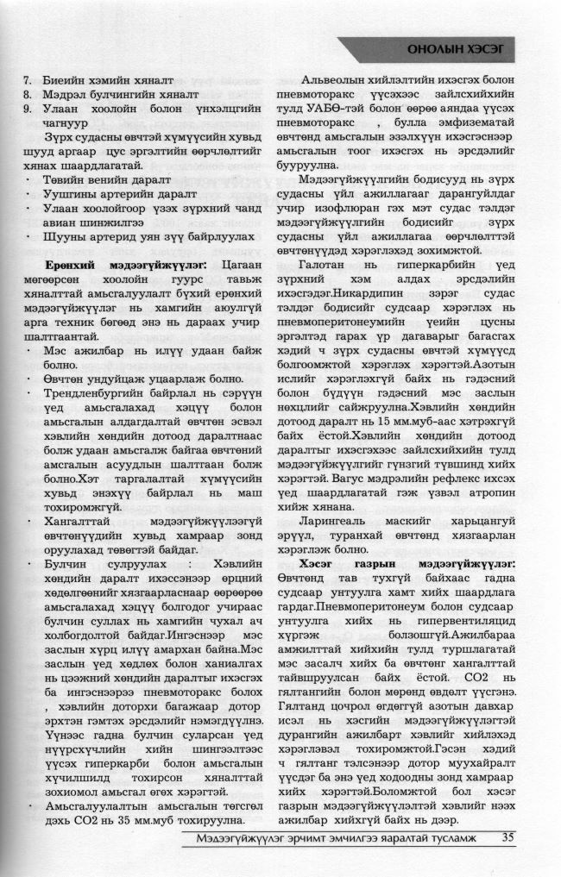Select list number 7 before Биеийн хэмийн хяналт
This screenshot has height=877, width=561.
[x=27, y=80]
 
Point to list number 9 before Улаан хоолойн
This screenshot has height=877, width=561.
[x=27, y=109]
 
